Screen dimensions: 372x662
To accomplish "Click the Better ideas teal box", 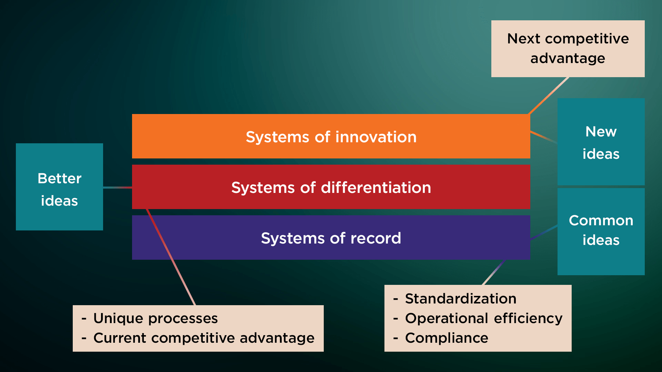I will tap(59, 187).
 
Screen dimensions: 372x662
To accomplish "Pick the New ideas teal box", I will tap(601, 142).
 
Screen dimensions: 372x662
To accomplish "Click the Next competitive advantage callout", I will tap(568, 49).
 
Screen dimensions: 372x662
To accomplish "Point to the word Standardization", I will tap(461, 299).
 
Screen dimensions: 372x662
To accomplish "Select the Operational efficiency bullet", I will tap(484, 318).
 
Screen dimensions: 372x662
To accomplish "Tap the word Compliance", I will tap(447, 338).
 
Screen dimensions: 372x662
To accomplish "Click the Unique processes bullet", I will tap(156, 318).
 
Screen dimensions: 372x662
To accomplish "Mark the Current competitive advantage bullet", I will tap(204, 338).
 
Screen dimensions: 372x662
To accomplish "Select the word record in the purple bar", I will tap(376, 238).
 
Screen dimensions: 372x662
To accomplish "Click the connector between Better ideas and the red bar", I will tap(117, 187).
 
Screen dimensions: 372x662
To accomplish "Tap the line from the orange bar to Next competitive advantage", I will tap(548, 95).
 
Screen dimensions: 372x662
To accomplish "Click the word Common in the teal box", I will tap(601, 220).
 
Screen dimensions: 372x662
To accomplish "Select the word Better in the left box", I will tap(59, 178).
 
